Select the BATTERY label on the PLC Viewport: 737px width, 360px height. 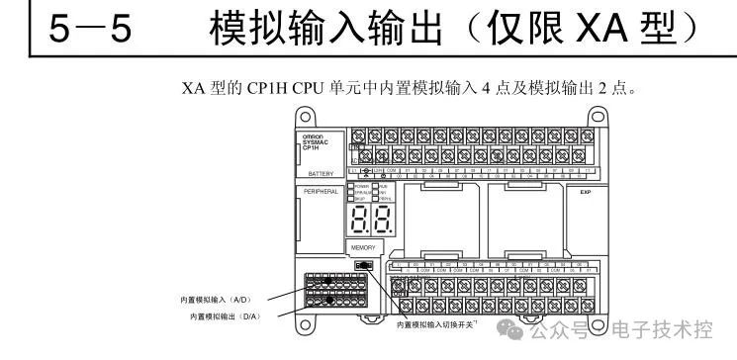point(317,173)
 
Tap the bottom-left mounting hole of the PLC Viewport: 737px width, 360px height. point(292,323)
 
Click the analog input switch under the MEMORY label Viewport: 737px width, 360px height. point(363,266)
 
